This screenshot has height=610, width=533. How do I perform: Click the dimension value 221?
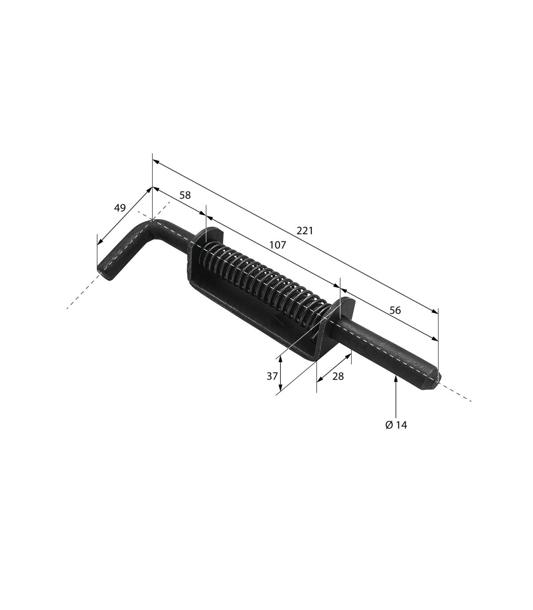(x=305, y=231)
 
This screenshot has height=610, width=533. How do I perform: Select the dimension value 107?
(x=278, y=245)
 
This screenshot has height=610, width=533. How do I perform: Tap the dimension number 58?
(x=185, y=195)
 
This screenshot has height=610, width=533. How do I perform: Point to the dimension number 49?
(x=120, y=208)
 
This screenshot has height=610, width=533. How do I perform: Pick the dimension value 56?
(x=395, y=310)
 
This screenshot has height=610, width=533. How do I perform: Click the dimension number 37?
(x=272, y=376)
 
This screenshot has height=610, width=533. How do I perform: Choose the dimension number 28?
(x=338, y=376)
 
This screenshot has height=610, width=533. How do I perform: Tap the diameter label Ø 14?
(x=396, y=425)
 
